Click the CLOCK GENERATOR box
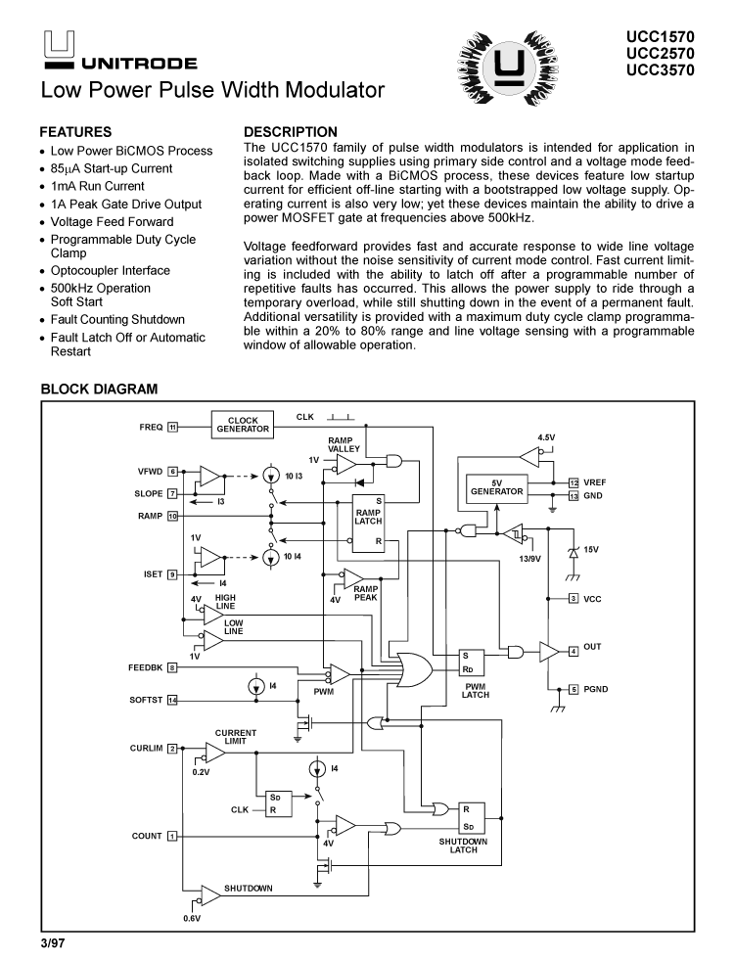[243, 426]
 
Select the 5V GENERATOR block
[497, 487]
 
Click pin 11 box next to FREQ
[172, 427]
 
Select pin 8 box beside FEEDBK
[171, 668]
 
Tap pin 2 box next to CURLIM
[171, 749]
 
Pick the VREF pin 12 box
[573, 482]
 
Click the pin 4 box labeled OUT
[573, 651]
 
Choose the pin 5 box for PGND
[573, 689]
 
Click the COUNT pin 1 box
[171, 836]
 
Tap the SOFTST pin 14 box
[172, 699]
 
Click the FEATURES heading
[75, 131]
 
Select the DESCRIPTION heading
[290, 131]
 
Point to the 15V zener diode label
[591, 550]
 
